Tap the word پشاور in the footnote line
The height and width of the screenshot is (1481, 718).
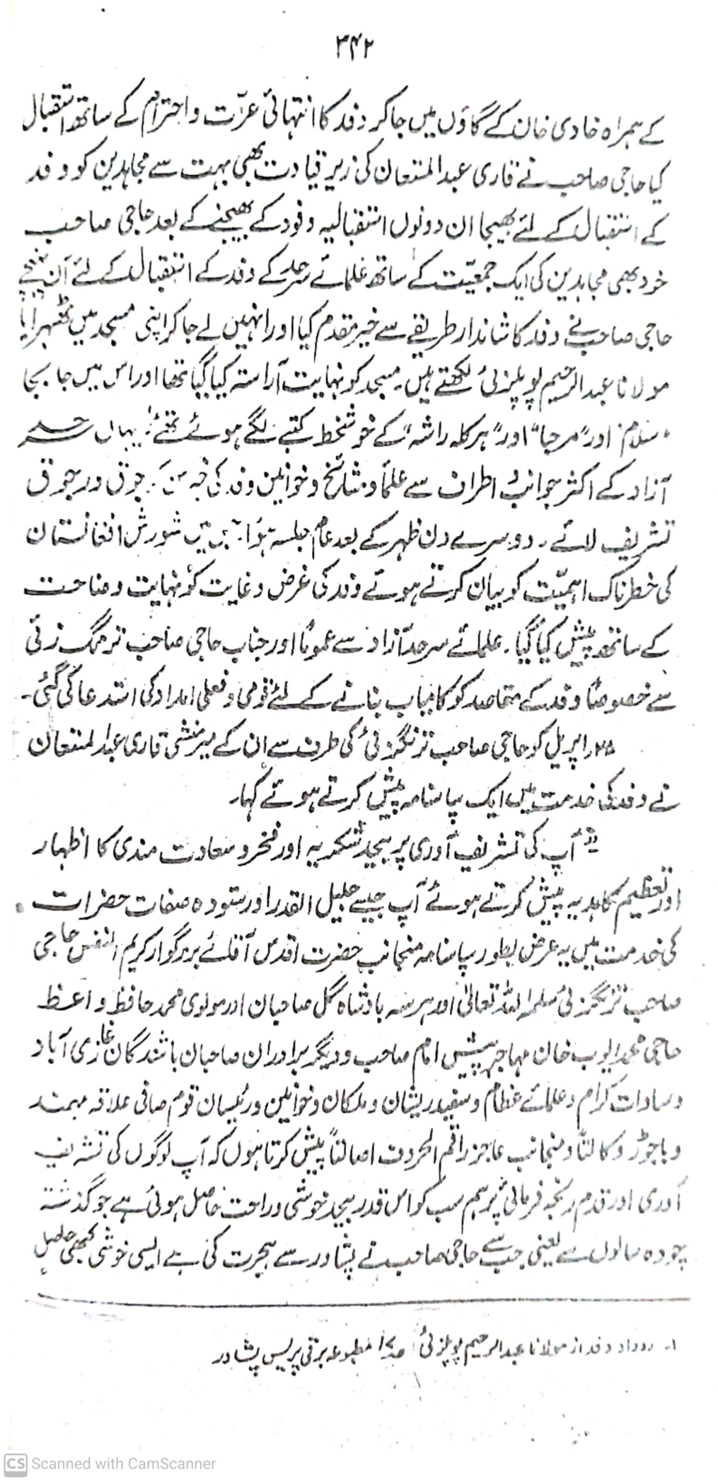[x=243, y=1350]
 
